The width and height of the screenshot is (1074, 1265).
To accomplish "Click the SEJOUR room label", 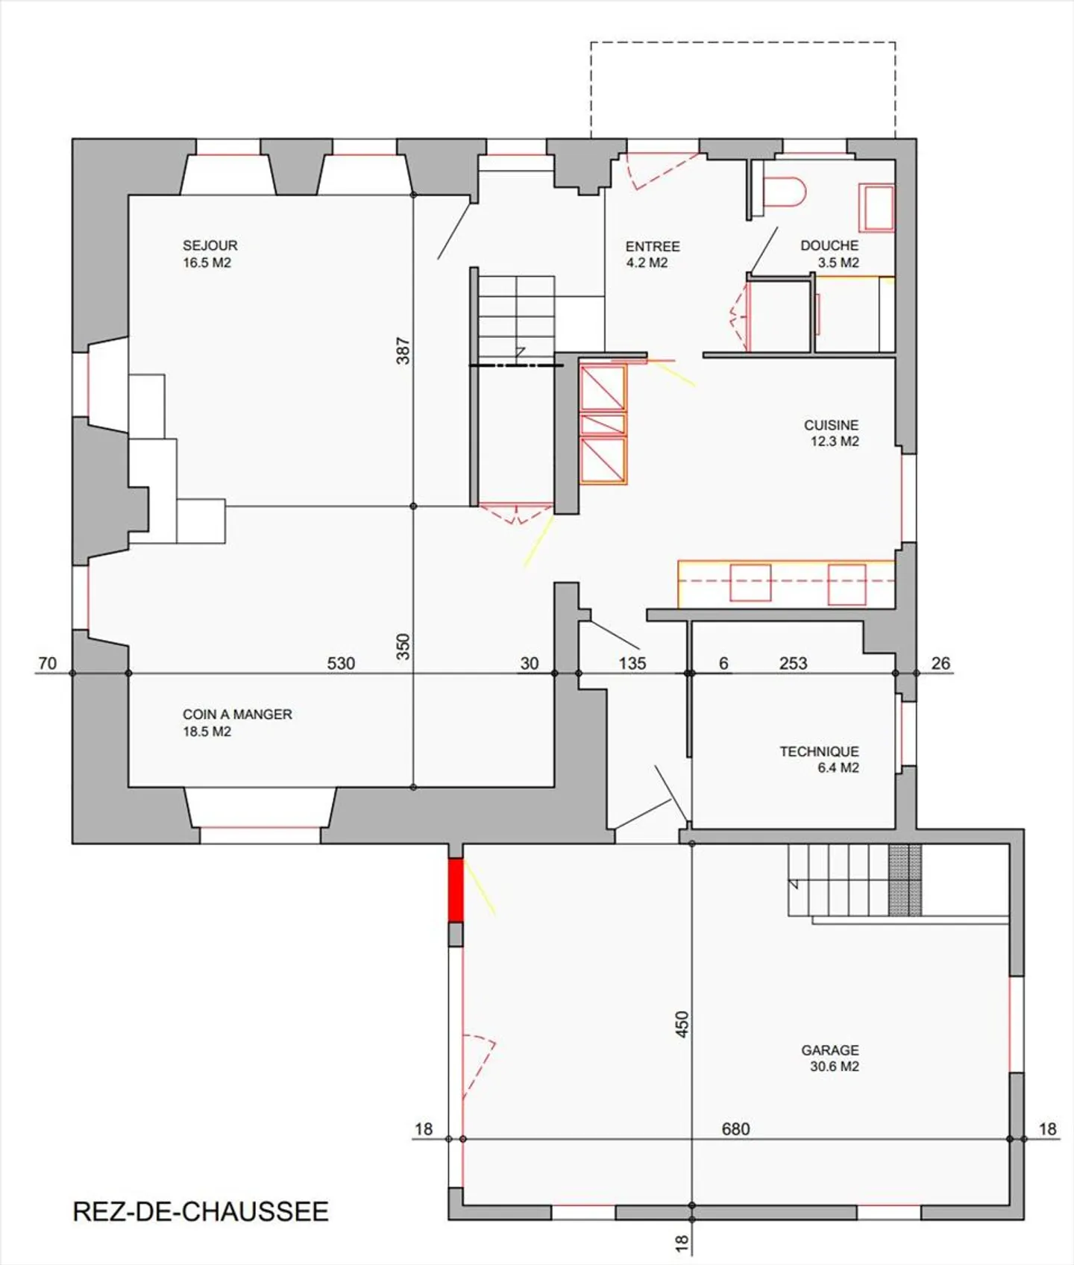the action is (210, 245).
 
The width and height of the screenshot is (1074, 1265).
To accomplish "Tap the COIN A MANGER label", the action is (237, 715).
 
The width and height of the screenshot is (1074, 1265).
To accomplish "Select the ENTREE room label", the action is (653, 246).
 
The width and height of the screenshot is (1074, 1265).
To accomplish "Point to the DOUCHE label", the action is (829, 245).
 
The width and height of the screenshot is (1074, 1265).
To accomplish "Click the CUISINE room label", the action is (831, 425).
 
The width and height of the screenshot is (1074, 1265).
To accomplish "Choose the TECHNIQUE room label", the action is (819, 752).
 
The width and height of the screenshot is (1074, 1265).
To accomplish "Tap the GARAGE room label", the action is (830, 1050).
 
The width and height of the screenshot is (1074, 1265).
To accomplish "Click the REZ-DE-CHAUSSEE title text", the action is (201, 1211).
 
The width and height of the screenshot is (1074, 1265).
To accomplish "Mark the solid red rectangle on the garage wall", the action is (455, 891).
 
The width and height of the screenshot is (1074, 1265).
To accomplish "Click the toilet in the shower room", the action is (785, 192).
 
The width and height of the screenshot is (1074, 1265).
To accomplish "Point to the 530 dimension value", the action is (341, 663).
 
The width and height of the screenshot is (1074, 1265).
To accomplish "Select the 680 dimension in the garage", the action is (735, 1129).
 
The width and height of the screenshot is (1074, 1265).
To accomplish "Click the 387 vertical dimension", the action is (403, 351).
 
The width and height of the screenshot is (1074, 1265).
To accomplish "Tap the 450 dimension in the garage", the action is (682, 1025).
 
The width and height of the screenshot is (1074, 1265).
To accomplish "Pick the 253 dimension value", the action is (793, 663).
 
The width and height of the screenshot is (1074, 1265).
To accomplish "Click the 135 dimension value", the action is (632, 663).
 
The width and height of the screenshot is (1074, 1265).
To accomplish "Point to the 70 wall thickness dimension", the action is (47, 663).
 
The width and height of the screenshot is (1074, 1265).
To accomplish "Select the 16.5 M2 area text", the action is (207, 263).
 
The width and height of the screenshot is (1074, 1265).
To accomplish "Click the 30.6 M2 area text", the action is (835, 1067).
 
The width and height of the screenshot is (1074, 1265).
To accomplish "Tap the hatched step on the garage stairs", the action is (905, 880).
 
